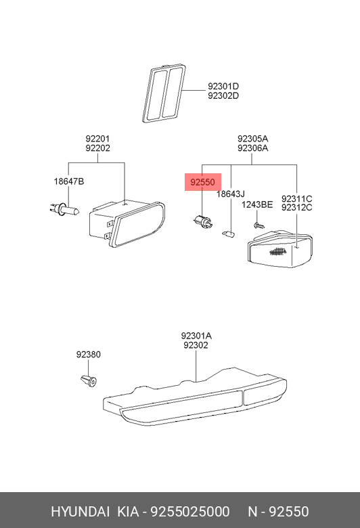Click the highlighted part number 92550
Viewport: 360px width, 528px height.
202,182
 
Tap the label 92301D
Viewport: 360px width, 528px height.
223,87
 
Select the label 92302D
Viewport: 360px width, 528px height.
223,96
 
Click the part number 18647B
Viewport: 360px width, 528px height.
69,181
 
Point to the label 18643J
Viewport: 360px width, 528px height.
230,194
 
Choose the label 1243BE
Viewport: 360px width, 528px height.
257,204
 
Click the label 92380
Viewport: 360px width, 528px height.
88,354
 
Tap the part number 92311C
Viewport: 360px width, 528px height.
296,198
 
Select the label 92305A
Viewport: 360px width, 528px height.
252,139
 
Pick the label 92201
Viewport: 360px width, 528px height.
97,139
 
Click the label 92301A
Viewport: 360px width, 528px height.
196,336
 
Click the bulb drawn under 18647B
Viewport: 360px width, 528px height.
64,209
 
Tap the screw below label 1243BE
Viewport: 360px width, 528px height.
258,225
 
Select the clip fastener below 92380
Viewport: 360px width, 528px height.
89,381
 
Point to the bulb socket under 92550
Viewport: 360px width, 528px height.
203,221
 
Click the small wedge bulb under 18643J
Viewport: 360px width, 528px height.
229,233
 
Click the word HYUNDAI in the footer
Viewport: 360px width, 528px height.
80,512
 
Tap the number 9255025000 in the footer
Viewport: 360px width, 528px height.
190,512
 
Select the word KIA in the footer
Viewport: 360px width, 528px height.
128,512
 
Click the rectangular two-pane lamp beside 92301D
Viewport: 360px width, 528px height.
164,93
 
